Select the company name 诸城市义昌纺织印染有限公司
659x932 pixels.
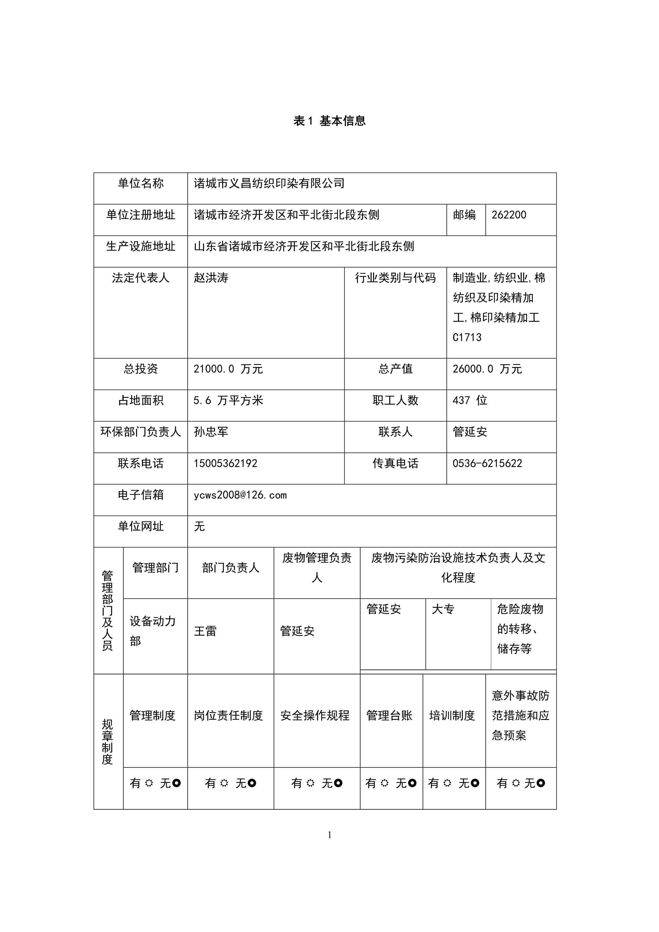(x=269, y=183)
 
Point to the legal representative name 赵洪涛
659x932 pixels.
(x=211, y=278)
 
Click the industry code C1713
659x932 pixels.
(x=467, y=337)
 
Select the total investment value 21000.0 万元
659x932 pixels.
(x=228, y=369)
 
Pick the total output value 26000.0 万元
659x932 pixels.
(x=487, y=369)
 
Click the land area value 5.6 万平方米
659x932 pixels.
(x=228, y=401)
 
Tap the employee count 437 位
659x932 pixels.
(x=470, y=401)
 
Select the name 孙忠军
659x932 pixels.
(x=211, y=432)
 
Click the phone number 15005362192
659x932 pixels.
(x=226, y=463)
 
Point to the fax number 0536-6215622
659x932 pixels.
(x=487, y=463)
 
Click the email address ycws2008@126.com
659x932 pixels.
(x=240, y=495)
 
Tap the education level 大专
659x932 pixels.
(x=443, y=609)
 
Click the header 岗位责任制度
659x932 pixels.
(x=229, y=715)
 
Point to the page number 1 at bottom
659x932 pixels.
(x=329, y=835)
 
